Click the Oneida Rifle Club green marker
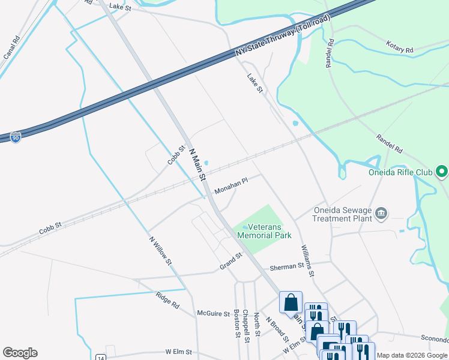click(x=442, y=173)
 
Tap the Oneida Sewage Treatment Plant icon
click(x=381, y=214)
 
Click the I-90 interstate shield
click(x=16, y=137)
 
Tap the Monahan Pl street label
click(x=231, y=185)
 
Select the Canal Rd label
click(x=11, y=47)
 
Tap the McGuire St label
click(x=214, y=313)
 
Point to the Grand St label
click(x=230, y=261)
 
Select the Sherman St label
click(x=287, y=266)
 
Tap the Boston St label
click(x=237, y=323)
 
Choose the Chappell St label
click(x=246, y=326)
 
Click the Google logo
click(x=20, y=353)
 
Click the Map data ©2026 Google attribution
click(x=412, y=355)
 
